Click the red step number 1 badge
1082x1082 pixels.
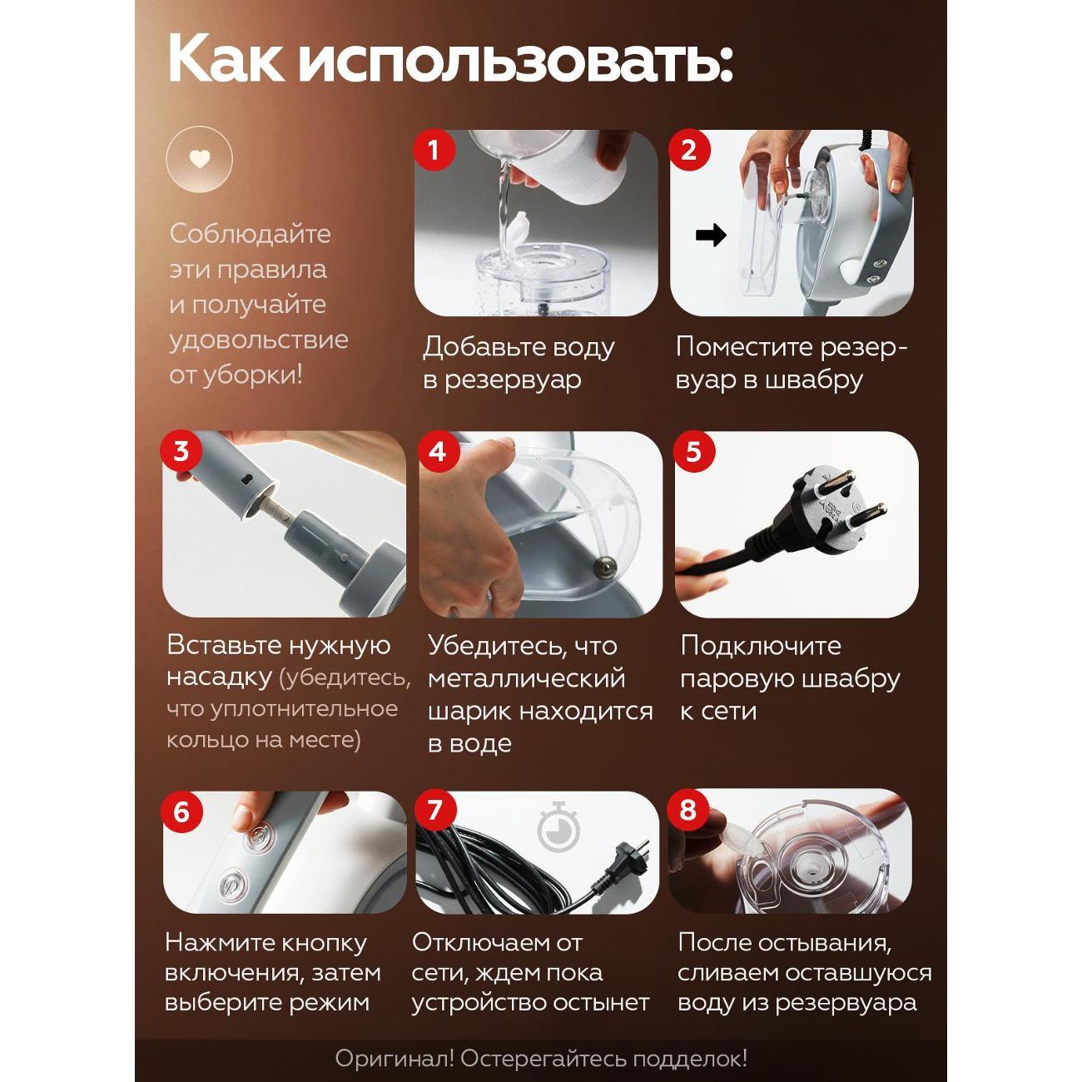pyautogui.click(x=434, y=150)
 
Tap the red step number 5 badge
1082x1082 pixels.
pyautogui.click(x=694, y=451)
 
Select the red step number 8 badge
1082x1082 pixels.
pyautogui.click(x=688, y=809)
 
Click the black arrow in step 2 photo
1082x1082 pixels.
pyautogui.click(x=711, y=235)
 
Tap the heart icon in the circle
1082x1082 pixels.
pyautogui.click(x=199, y=160)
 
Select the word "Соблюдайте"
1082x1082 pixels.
pyautogui.click(x=251, y=234)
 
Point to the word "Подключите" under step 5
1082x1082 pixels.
pyautogui.click(x=761, y=646)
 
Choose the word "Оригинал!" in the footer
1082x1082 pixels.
pyautogui.click(x=395, y=1060)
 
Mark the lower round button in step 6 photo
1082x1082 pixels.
pyautogui.click(x=231, y=886)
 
